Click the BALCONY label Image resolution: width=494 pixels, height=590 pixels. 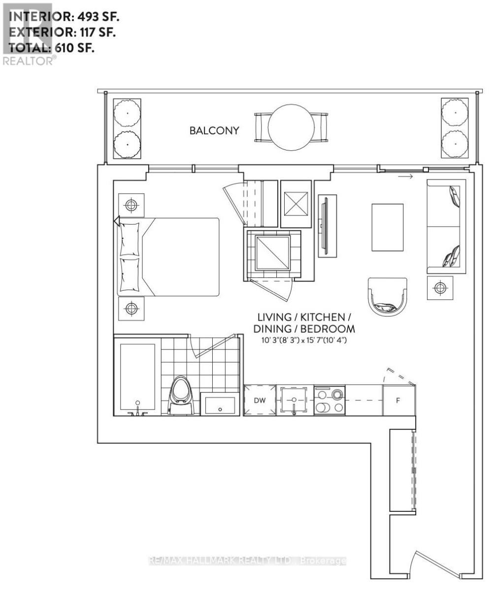[x=215, y=131]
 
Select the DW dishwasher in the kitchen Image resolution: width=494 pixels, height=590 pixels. [x=260, y=400]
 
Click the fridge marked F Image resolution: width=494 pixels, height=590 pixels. [x=398, y=400]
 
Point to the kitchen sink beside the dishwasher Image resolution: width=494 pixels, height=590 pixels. [x=294, y=400]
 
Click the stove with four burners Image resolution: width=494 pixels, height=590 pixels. [x=329, y=400]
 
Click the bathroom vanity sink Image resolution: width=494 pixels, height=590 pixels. [x=219, y=405]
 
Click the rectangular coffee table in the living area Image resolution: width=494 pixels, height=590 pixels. [x=387, y=228]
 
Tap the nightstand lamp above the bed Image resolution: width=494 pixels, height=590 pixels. [x=131, y=206]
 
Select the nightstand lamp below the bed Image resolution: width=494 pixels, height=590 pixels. [x=131, y=308]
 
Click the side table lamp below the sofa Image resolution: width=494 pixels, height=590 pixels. [x=440, y=288]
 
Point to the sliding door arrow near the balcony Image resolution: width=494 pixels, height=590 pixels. [x=405, y=177]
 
